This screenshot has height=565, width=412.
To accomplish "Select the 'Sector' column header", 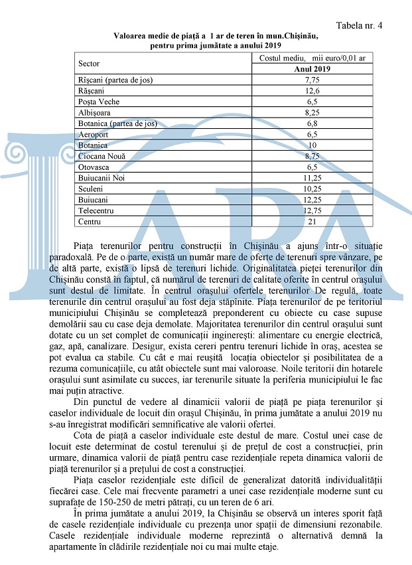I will coord(89,64).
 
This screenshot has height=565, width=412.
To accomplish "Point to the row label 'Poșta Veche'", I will coord(98,102).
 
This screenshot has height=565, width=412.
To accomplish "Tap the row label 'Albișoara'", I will coord(95,113).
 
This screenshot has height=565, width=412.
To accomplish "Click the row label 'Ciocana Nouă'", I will coord(102,156).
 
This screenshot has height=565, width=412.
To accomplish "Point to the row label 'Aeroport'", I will coord(94,134).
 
